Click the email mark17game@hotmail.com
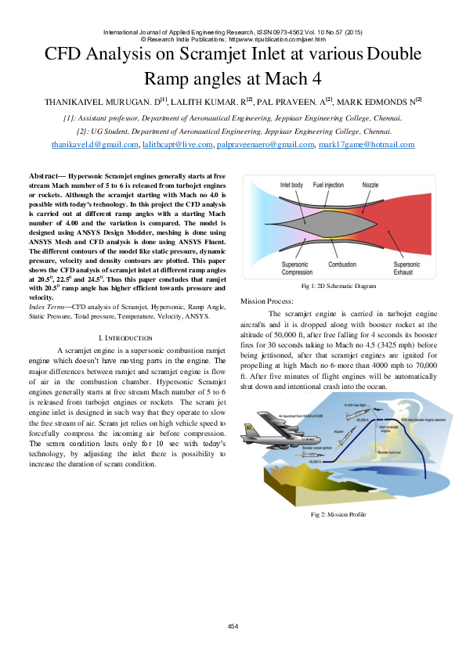pos(367,145)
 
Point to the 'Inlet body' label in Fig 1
pos(292,185)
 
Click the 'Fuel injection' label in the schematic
pos(328,185)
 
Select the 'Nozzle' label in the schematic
pos(370,185)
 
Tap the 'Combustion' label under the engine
pos(343,265)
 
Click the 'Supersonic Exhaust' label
pos(407,268)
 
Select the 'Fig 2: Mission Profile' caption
pos(338,514)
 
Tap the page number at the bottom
pos(233,626)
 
